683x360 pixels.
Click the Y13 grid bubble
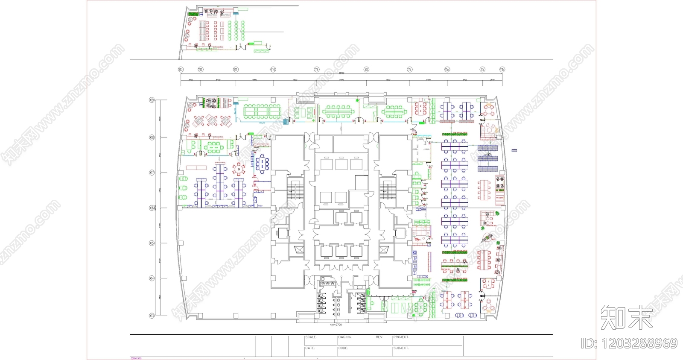(181, 70)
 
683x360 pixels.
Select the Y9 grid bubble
(317, 70)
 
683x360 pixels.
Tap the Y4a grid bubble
(502, 70)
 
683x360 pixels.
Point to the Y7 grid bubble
(410, 70)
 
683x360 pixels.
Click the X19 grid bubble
(152, 100)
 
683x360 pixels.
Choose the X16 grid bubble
(152, 208)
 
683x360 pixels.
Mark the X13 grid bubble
(152, 316)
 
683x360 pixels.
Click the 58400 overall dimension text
(341, 73)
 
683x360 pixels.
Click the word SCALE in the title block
(311, 337)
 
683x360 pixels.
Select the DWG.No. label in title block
(345, 337)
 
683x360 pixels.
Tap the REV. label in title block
(379, 337)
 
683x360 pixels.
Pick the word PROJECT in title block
(401, 337)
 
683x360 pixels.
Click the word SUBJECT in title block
(401, 348)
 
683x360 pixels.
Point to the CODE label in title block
(343, 348)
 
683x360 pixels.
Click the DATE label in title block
(310, 348)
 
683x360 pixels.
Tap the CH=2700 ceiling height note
(336, 325)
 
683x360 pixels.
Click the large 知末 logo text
(626, 318)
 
